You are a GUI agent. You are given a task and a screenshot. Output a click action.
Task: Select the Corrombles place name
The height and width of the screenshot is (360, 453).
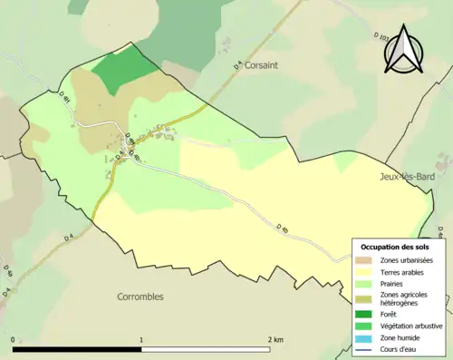click(x=144, y=297)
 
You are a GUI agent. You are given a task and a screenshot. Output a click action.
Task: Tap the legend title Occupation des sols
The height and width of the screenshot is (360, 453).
click(x=396, y=247)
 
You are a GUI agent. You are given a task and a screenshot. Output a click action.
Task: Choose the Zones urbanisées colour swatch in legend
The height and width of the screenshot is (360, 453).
click(x=365, y=260)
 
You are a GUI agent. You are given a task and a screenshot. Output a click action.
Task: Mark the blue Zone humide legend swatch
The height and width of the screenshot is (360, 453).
click(x=365, y=337)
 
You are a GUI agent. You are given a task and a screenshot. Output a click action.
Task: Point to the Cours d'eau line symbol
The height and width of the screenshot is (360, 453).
click(x=365, y=349)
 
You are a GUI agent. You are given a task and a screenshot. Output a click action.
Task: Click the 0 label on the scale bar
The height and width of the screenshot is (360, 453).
click(x=14, y=340)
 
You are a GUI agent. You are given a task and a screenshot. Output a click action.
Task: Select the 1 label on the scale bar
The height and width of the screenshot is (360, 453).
click(x=141, y=340)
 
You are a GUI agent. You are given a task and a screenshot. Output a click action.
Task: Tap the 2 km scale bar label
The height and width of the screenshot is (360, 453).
click(x=275, y=340)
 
